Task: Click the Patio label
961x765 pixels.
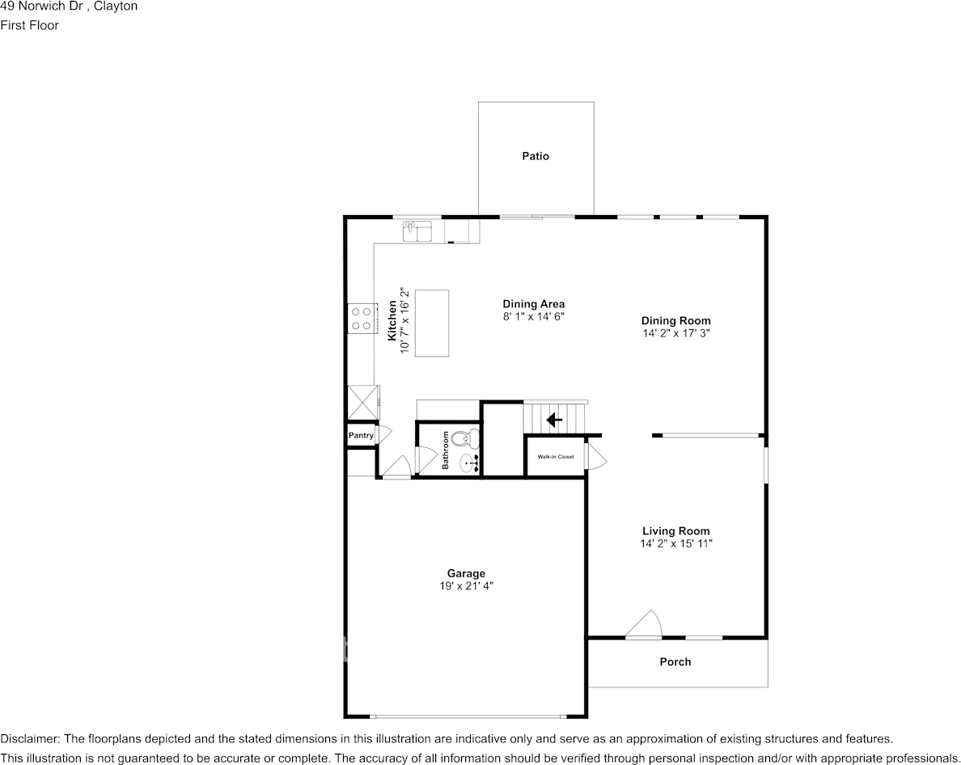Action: (535, 156)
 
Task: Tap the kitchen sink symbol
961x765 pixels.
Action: (417, 231)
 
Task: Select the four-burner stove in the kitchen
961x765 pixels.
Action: (361, 319)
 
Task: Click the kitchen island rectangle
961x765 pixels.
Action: (432, 323)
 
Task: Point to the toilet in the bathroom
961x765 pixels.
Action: (465, 438)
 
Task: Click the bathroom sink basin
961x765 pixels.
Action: (469, 463)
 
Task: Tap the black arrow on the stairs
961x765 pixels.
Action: (554, 420)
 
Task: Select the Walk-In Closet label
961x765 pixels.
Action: (555, 457)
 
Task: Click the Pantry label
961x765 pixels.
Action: (361, 436)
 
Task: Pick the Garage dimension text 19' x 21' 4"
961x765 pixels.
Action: (466, 586)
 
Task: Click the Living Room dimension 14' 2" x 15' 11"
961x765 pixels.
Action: (676, 543)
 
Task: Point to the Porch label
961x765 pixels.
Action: (675, 661)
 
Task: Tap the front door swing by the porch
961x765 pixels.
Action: (644, 624)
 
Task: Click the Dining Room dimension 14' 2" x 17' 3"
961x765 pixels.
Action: (676, 333)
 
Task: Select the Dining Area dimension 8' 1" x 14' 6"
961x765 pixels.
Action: (533, 317)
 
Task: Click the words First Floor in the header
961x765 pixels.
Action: (29, 25)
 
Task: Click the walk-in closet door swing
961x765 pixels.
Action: (595, 456)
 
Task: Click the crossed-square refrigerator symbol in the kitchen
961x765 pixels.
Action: (363, 402)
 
